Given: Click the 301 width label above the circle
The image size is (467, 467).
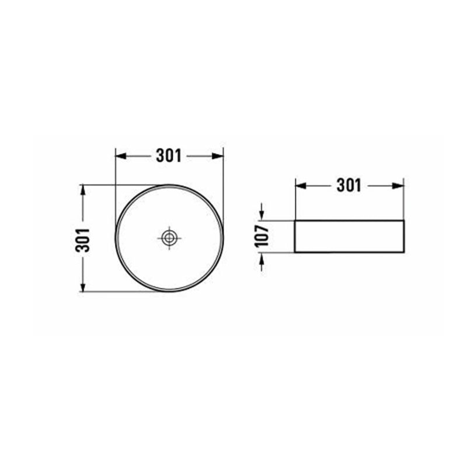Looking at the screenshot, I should pos(169,155).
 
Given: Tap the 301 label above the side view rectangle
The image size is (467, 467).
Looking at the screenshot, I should pos(349,186).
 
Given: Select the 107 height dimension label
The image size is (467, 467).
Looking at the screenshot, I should pos(262,236).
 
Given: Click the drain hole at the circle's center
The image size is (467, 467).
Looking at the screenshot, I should pos(169,238).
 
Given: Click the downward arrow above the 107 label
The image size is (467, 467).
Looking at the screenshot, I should pos(262,216).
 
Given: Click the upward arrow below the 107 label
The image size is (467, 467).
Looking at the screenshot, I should pos(262,257).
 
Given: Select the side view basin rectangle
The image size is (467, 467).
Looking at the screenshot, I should pos(349,236).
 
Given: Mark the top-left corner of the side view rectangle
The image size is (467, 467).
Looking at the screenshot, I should pos(295,221).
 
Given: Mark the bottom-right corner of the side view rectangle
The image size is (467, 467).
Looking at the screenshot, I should pos(404,253).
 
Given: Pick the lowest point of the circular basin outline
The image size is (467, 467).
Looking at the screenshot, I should pos(169,291).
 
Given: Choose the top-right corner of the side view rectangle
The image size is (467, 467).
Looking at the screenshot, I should pos(404,221).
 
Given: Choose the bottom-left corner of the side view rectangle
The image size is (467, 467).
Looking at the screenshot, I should pos(295,253).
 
